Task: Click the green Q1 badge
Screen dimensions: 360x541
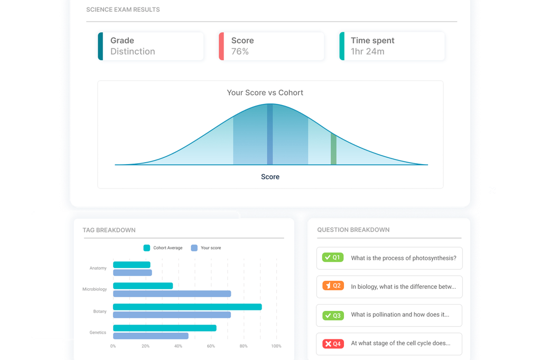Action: coord(333,258)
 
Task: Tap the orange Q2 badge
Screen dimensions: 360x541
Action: coord(333,286)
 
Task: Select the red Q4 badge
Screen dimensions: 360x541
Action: coord(333,344)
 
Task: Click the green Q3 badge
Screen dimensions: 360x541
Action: coord(333,315)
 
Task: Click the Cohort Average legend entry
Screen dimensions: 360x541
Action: coord(163,248)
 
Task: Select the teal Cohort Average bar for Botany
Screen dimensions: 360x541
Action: coord(187,307)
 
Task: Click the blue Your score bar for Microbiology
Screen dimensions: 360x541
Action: coord(172,293)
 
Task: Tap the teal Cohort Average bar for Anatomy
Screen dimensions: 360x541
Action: coord(132,264)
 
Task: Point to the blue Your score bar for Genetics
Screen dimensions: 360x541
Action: coord(151,336)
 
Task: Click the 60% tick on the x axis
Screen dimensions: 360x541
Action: coord(211,346)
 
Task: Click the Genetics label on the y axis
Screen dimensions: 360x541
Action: coord(98,333)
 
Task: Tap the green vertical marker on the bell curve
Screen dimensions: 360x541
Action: coord(333,149)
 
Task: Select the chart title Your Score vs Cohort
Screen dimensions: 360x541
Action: coord(265,92)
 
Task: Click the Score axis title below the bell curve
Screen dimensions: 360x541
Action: coord(270,177)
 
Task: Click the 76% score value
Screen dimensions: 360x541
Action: coord(240,52)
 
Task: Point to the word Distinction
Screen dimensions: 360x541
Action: coord(133,52)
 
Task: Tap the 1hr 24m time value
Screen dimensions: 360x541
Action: coord(367,52)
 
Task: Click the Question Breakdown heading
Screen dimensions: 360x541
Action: coord(353,230)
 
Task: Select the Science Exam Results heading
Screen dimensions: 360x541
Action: coord(123,10)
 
